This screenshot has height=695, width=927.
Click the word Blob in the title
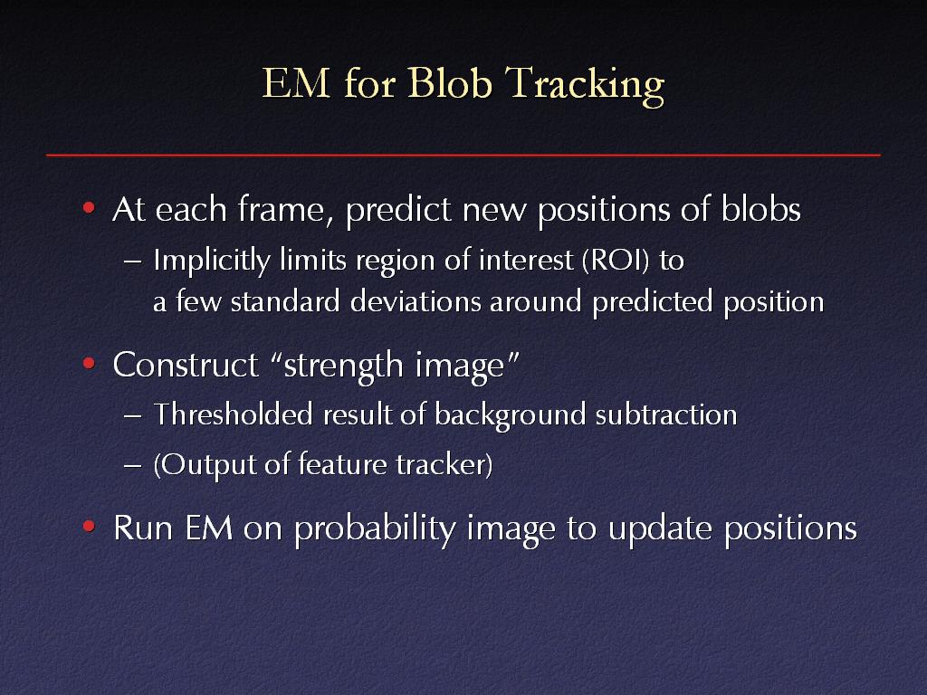pos(449,82)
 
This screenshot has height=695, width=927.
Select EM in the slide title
pos(296,82)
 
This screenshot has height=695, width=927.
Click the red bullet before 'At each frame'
pos(89,208)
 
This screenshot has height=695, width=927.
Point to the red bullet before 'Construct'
pos(89,363)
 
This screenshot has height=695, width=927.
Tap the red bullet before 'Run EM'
pos(89,526)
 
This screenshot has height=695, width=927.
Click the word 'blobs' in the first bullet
pos(760,209)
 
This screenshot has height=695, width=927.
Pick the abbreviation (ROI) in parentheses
pos(616,261)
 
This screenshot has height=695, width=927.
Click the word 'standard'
pos(285,301)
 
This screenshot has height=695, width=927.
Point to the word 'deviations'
pos(415,301)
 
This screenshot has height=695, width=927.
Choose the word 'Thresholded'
pos(233,414)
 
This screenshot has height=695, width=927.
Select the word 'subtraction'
pos(666,414)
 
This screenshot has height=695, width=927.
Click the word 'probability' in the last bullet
pos(375,528)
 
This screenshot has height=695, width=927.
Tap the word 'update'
pos(660,528)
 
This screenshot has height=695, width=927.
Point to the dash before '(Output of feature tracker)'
pos(132,465)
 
